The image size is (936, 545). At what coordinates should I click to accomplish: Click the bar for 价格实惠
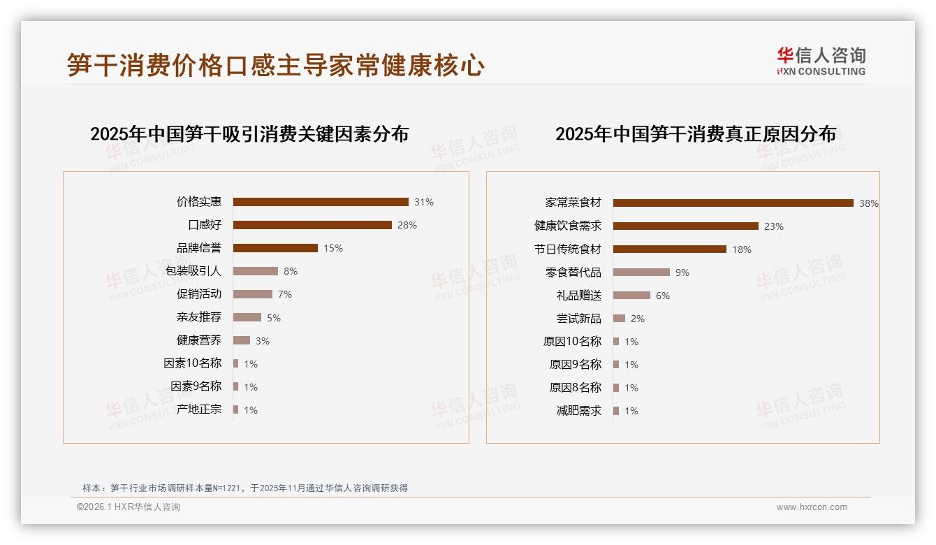(321, 202)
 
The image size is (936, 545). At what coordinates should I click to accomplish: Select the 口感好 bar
(312, 225)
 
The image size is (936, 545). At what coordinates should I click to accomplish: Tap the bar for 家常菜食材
(733, 203)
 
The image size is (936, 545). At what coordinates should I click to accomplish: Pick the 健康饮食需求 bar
(685, 226)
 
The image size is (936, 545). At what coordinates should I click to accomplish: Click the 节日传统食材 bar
(669, 249)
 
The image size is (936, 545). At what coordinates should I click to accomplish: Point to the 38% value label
(868, 203)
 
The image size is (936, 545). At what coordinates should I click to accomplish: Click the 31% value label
(423, 202)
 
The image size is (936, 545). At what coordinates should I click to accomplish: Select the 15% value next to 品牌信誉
(332, 248)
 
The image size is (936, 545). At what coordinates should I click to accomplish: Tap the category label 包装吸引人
(193, 271)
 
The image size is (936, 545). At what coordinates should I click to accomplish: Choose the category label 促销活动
(198, 294)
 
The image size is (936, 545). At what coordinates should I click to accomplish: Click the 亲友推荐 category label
(198, 317)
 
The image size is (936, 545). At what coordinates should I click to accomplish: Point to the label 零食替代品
(573, 272)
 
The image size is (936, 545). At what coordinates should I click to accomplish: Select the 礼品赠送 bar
(631, 296)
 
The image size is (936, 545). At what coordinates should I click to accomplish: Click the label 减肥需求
(578, 411)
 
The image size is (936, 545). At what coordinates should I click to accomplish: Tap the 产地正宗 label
(198, 409)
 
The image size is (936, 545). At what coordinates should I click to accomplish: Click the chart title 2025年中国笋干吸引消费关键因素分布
(249, 133)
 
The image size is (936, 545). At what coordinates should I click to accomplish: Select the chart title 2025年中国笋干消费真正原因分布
(695, 133)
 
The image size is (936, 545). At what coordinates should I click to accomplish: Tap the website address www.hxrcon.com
(812, 507)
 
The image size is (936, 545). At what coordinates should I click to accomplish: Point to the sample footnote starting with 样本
(244, 488)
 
